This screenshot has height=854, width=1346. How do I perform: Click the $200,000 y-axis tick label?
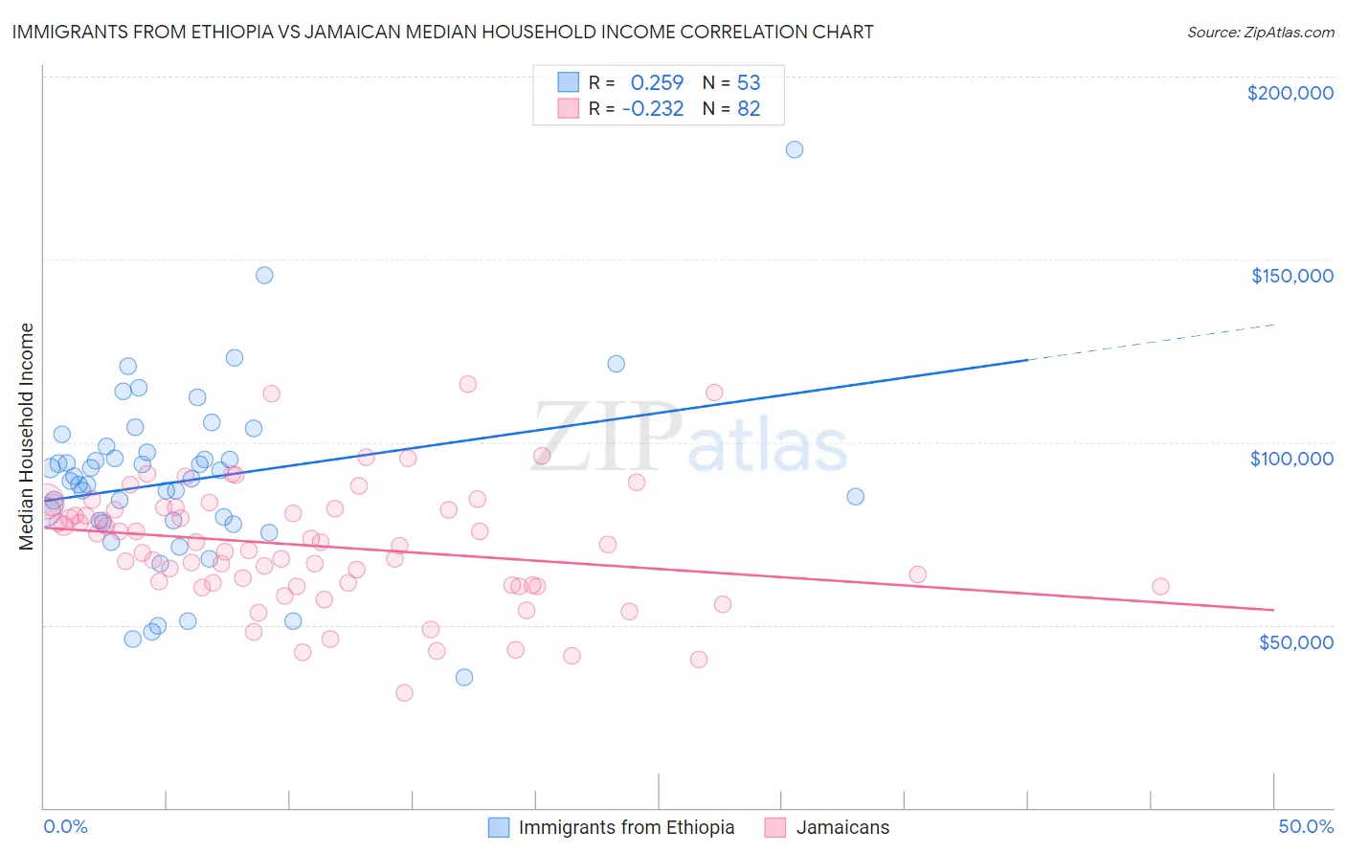click(x=1290, y=93)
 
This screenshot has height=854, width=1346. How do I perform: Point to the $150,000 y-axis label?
click(x=1291, y=276)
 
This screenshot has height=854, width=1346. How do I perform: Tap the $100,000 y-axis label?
click(x=1291, y=459)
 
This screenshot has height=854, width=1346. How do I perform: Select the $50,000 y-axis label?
click(x=1295, y=641)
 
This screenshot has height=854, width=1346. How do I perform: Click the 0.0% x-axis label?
click(x=65, y=826)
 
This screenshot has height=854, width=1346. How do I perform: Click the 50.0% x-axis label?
click(x=1306, y=826)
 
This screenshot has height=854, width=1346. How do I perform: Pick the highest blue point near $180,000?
click(x=795, y=149)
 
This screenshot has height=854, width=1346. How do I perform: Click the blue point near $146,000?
click(x=264, y=275)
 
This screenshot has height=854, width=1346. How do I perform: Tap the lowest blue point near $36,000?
click(x=464, y=677)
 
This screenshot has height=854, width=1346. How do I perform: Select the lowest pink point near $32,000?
click(x=404, y=692)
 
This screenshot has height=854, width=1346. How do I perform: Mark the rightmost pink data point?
click(x=1160, y=586)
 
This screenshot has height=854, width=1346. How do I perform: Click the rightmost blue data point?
click(x=856, y=496)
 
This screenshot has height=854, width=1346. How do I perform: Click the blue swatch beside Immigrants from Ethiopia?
click(x=499, y=827)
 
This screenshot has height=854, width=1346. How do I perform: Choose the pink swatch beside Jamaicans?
click(x=775, y=827)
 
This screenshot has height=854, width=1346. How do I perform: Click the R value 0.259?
click(x=657, y=83)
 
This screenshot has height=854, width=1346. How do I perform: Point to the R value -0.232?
click(x=653, y=109)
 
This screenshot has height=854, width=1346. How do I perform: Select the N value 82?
click(x=749, y=109)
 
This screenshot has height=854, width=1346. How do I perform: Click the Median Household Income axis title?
click(x=27, y=437)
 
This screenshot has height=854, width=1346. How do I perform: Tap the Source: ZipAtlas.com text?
click(x=1260, y=33)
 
